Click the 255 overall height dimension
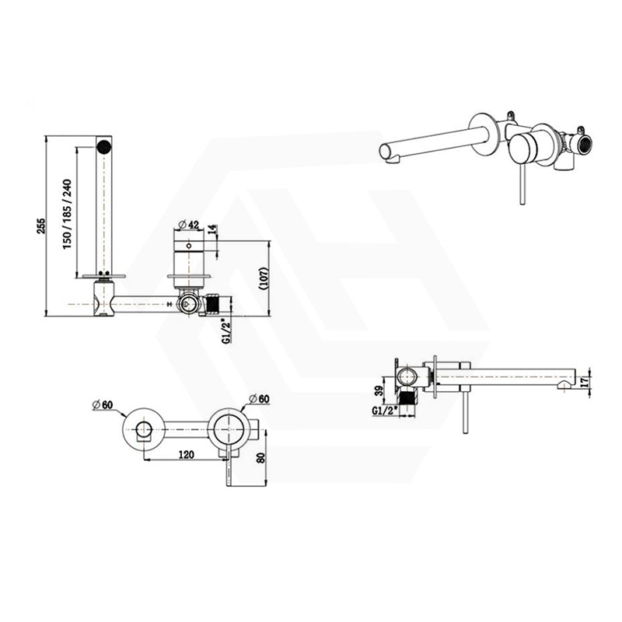(x=42, y=226)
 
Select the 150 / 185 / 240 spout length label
(x=67, y=215)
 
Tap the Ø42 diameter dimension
(x=189, y=225)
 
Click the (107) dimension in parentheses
(x=264, y=279)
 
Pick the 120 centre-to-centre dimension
(x=186, y=454)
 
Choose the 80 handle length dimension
(x=260, y=457)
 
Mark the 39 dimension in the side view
(x=380, y=391)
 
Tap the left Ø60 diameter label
(x=103, y=404)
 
